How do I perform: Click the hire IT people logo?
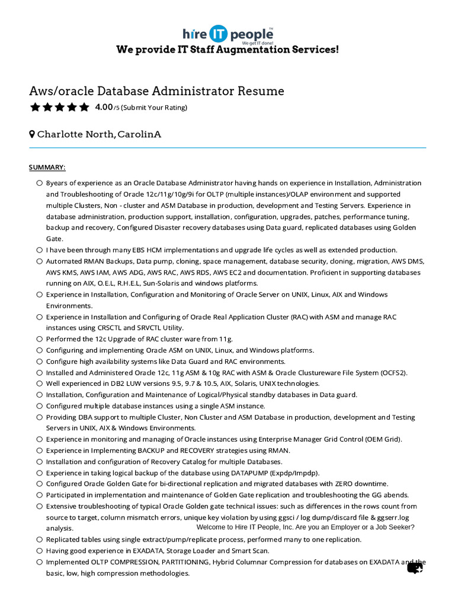click(x=227, y=34)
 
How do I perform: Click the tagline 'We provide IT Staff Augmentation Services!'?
click(x=227, y=50)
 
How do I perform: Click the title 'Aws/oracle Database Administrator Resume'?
click(x=156, y=91)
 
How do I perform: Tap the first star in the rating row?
click(x=34, y=107)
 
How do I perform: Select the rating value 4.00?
click(x=104, y=107)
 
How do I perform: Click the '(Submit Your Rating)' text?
click(x=154, y=108)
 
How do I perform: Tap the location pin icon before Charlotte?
click(x=32, y=134)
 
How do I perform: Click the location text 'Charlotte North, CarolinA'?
click(x=99, y=134)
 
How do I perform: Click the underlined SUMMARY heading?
click(x=47, y=167)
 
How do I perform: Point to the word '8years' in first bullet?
click(x=57, y=183)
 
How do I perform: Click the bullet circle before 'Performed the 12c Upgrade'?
click(x=39, y=339)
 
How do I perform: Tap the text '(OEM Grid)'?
click(x=383, y=439)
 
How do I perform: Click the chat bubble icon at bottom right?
click(x=415, y=568)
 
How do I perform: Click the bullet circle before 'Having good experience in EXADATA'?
click(x=39, y=551)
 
